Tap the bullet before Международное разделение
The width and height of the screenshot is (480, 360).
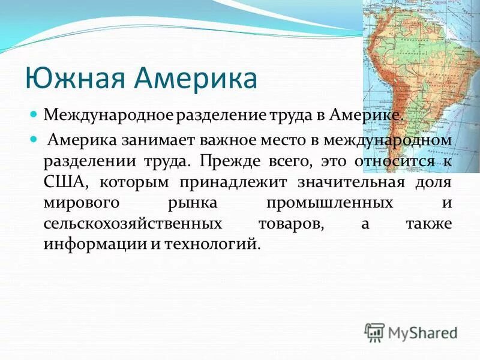click(35, 113)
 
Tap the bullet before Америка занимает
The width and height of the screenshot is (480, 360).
click(35, 139)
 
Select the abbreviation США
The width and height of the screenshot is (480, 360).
click(64, 182)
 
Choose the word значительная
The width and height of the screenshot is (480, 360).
click(344, 182)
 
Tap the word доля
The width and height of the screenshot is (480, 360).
click(431, 182)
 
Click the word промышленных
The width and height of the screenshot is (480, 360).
click(329, 203)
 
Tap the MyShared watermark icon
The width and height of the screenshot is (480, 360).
click(374, 331)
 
